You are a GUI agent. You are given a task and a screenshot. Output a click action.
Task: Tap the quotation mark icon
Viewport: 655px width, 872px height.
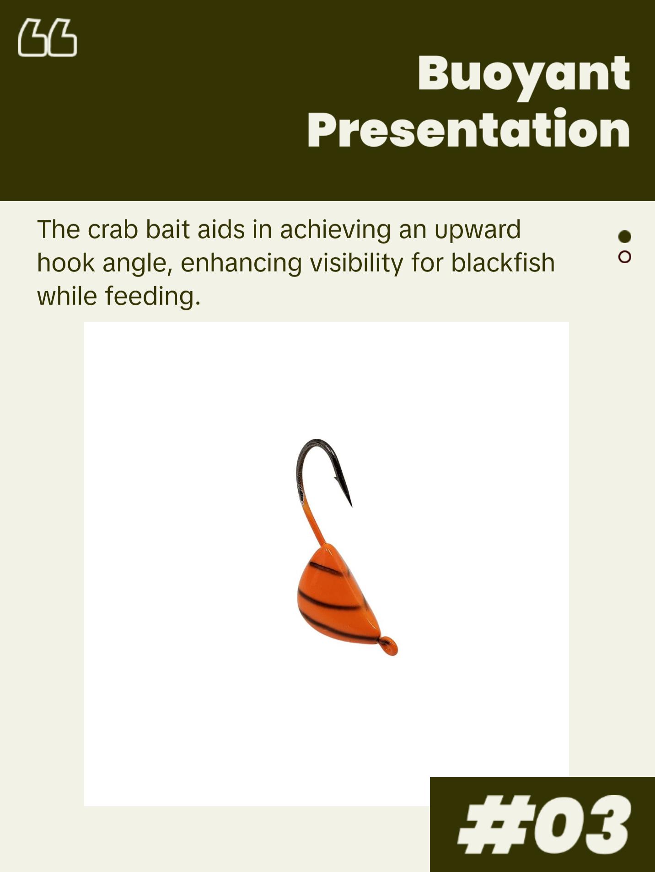click(48, 37)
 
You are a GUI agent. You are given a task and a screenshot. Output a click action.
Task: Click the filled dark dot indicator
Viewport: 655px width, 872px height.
click(624, 236)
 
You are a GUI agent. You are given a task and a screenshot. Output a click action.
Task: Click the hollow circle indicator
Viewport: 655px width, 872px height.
click(624, 257)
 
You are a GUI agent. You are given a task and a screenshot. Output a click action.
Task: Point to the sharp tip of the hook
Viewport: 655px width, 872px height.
click(351, 506)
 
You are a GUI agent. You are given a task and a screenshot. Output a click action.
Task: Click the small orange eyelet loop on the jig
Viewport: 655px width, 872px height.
click(389, 646)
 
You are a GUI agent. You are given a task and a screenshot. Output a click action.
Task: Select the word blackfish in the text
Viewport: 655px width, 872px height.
click(503, 263)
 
